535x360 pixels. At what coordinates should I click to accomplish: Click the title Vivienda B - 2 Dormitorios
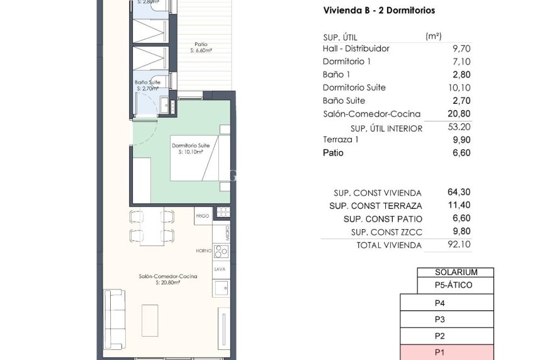pyautogui.click(x=378, y=11)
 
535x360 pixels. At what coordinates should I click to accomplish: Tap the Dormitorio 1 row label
pyautogui.click(x=346, y=62)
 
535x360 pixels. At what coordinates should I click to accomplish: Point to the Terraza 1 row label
pyautogui.click(x=341, y=140)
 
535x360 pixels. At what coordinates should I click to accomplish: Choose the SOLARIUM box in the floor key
pyautogui.click(x=456, y=273)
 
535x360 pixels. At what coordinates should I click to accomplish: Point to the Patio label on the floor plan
pyautogui.click(x=201, y=44)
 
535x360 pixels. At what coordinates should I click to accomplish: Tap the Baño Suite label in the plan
pyautogui.click(x=147, y=82)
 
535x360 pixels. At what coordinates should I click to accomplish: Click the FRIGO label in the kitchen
pyautogui.click(x=202, y=216)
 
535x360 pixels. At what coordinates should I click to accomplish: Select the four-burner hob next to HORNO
pyautogui.click(x=222, y=251)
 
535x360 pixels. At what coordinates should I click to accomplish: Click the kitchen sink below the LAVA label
pyautogui.click(x=221, y=288)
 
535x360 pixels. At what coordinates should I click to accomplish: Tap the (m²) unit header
pyautogui.click(x=434, y=36)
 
